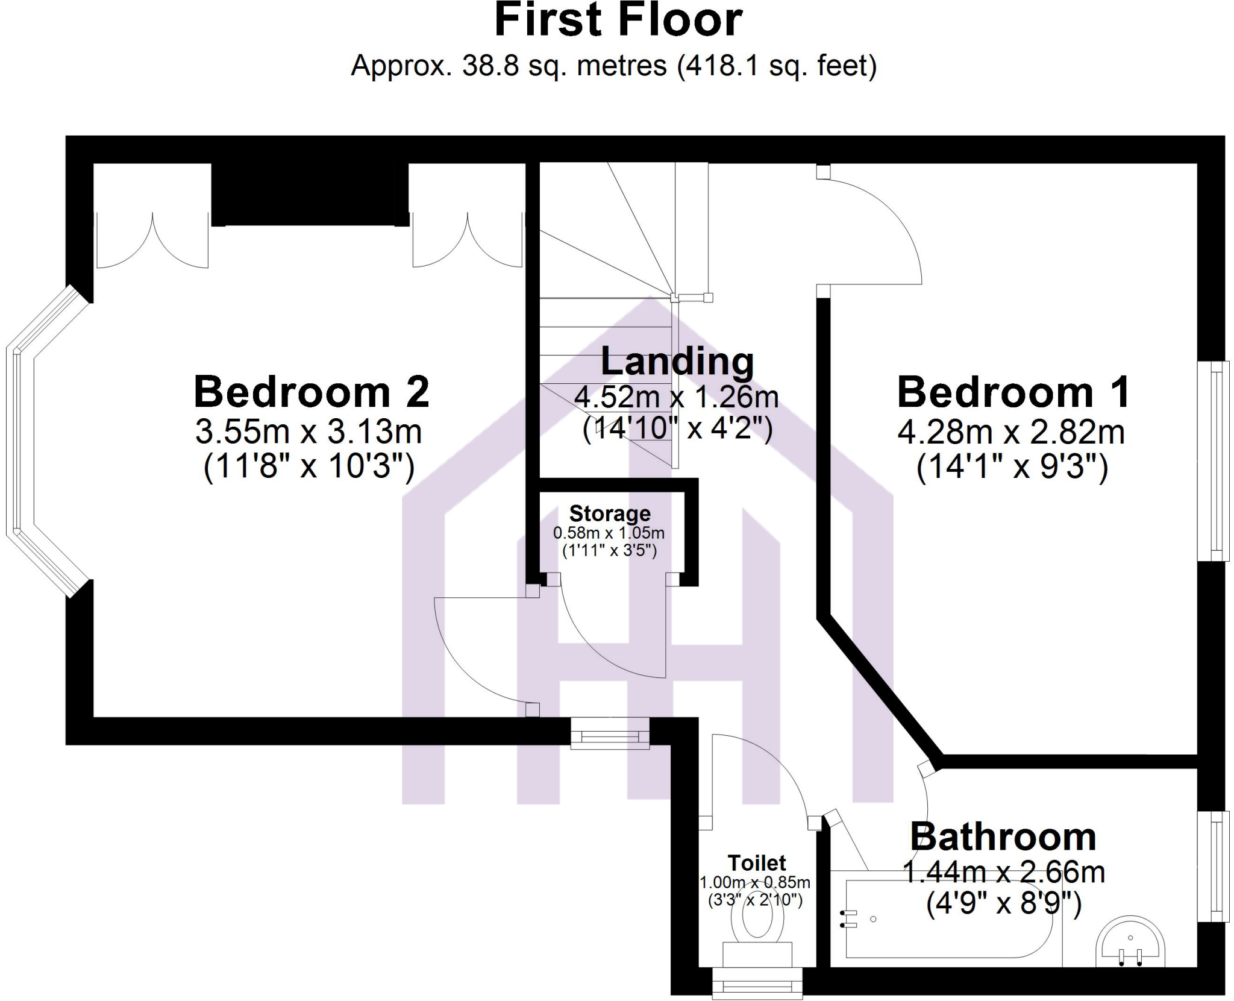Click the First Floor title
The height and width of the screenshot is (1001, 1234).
(x=618, y=21)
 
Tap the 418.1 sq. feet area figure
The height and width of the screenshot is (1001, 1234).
(x=777, y=66)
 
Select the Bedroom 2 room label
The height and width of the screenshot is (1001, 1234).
(x=311, y=392)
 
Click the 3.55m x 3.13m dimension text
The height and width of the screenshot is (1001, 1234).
(x=308, y=431)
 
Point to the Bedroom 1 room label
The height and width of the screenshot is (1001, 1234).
(x=1013, y=392)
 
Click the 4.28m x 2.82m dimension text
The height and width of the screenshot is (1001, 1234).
(x=1011, y=433)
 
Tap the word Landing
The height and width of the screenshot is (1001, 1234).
(x=677, y=362)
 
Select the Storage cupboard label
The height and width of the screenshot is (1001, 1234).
(x=610, y=513)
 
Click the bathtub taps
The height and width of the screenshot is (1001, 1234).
(x=850, y=919)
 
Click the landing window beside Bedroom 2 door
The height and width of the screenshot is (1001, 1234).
(x=610, y=733)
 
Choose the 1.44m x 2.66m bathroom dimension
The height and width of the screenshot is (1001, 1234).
(x=1003, y=873)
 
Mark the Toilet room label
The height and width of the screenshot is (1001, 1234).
(x=757, y=863)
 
